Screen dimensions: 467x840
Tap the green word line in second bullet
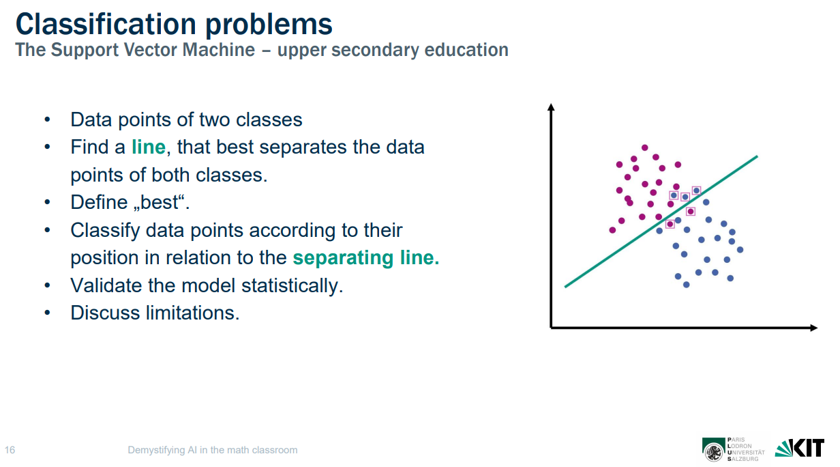point(148,147)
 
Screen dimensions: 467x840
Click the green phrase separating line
point(365,258)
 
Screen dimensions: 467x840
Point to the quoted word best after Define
point(163,203)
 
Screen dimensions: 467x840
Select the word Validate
point(106,285)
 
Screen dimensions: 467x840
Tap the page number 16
point(10,450)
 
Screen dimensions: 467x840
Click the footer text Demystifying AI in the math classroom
point(212,450)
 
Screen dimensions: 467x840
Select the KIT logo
point(799,448)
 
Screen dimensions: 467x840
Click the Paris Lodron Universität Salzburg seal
point(713,449)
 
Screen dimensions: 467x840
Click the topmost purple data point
point(644,147)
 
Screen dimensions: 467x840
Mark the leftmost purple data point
point(612,230)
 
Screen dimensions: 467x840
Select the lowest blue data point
point(686,285)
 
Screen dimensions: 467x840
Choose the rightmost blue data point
point(740,250)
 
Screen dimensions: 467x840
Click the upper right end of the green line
point(757,156)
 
